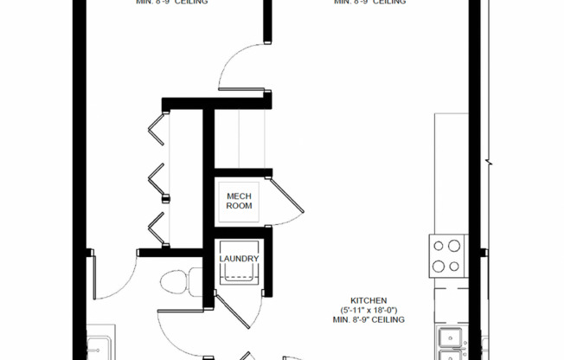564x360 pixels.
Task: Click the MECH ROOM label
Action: (x=240, y=201)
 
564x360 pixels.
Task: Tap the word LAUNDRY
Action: (x=240, y=259)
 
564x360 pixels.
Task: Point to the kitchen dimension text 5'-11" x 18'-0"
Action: (x=368, y=309)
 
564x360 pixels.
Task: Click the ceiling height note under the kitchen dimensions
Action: (x=368, y=319)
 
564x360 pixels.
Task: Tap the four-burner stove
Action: (x=448, y=256)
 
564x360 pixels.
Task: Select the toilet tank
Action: (x=195, y=283)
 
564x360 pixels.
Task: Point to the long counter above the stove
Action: (x=450, y=173)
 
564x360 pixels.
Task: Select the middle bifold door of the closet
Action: (x=156, y=180)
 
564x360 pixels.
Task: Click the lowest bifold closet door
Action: (x=157, y=228)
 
